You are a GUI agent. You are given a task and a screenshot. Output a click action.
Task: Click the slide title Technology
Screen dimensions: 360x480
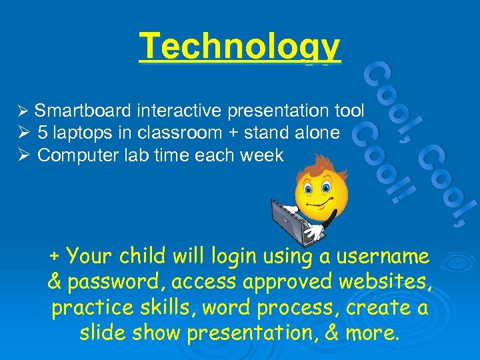pos(240,47)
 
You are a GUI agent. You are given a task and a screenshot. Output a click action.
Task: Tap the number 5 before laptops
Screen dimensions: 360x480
pos(43,133)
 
